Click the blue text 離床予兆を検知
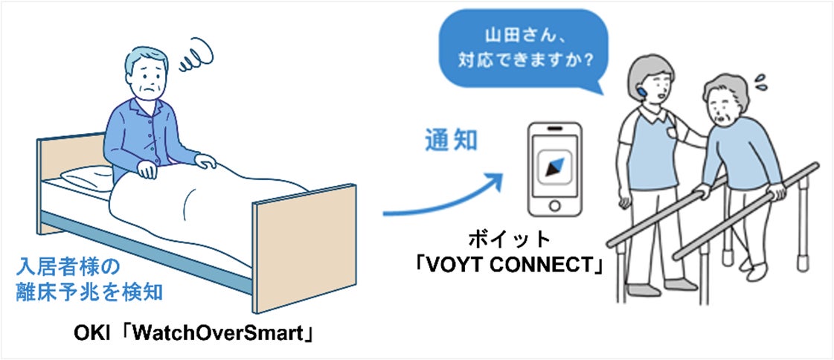coord(89,293)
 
